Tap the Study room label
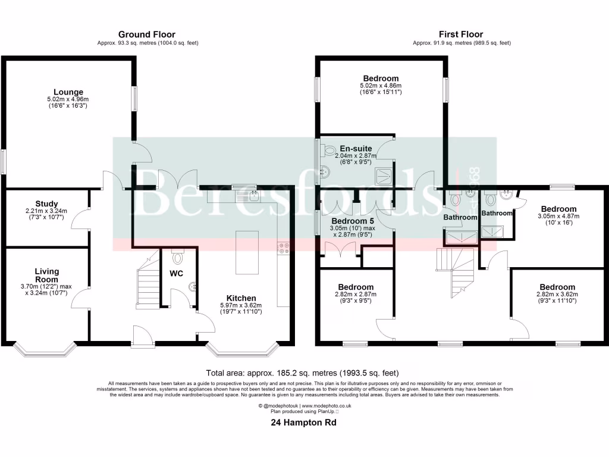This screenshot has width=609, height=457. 46,204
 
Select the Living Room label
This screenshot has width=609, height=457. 46,276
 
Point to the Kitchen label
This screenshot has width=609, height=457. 241,298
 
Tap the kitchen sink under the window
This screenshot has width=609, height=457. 246,193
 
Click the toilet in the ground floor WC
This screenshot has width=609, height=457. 177,257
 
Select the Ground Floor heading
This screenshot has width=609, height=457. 147,35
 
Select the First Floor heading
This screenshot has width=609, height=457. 461,35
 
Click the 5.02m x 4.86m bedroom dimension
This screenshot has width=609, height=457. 381,86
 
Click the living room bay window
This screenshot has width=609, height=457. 46,349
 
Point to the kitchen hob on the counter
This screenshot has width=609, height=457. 283,248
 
